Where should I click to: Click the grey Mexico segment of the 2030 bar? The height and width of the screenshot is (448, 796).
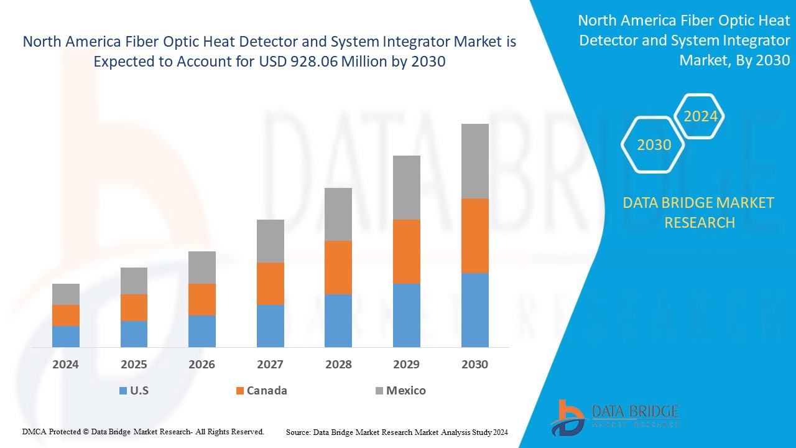[x=474, y=161]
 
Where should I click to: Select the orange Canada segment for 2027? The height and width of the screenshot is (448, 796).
[x=270, y=283]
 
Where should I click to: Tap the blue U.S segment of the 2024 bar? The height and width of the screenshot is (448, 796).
[x=65, y=336]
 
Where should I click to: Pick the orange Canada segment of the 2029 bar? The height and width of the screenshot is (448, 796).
[x=406, y=251]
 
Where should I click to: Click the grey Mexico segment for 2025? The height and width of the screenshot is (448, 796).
[x=134, y=281]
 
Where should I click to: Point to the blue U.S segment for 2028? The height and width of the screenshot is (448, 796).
[x=338, y=320]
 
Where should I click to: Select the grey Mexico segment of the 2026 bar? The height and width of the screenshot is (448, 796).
[x=201, y=267]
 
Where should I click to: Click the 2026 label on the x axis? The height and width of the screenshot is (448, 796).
[x=201, y=365]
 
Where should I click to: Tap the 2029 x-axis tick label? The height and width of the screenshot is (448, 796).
[x=406, y=365]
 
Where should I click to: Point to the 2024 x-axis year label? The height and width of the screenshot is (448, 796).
[x=65, y=365]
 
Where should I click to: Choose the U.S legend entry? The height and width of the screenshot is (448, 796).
[x=134, y=391]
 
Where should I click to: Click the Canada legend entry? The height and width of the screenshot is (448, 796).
[x=261, y=391]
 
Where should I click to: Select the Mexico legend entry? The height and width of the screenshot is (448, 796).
[x=400, y=391]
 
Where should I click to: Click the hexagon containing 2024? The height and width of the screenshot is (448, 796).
[x=700, y=116]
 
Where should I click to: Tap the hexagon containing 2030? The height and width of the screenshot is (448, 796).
[x=654, y=145]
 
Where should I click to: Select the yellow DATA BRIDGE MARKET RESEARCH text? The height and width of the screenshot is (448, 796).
[x=699, y=212]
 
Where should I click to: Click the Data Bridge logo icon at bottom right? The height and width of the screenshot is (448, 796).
[x=567, y=417]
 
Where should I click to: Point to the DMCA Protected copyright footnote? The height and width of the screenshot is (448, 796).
[x=143, y=431]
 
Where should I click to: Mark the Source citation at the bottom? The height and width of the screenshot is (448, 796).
[x=397, y=432]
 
